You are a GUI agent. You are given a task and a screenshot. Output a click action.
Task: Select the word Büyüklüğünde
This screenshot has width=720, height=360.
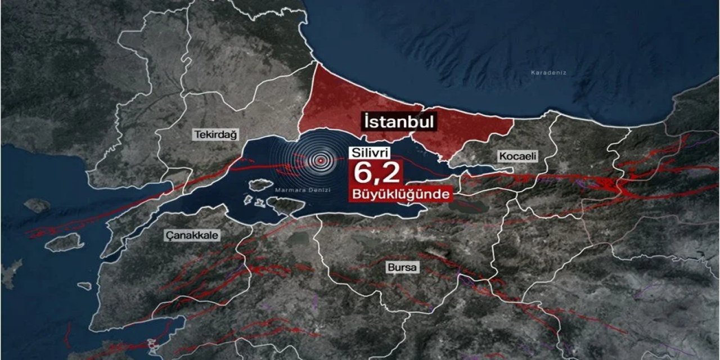(x=401, y=194)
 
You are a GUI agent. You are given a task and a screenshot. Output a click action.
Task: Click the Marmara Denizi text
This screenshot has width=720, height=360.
(x=303, y=190)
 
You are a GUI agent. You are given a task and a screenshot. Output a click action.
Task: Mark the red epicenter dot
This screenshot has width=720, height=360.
(x=321, y=161)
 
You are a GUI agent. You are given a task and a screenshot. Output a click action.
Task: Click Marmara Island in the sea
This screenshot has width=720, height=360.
(x=260, y=184)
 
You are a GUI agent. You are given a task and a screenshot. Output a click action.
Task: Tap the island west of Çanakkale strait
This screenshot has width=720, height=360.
(x=64, y=242)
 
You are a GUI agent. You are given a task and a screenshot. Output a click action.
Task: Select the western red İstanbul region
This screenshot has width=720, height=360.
(x=354, y=107)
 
